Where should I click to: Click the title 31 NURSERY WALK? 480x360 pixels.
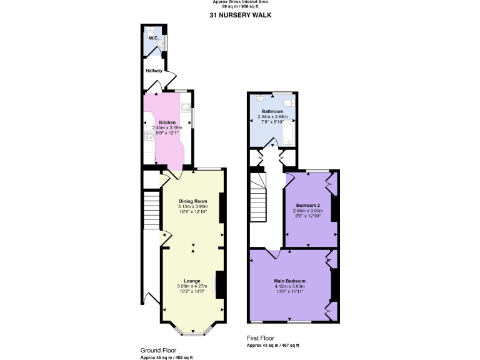click(240, 15)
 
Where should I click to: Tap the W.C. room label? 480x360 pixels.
click(153, 38)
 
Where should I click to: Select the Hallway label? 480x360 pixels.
click(154, 71)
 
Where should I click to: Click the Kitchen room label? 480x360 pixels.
click(167, 122)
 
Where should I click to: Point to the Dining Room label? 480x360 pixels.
click(192, 201)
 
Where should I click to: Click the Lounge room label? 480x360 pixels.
click(192, 281)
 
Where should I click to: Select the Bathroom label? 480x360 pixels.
click(272, 111)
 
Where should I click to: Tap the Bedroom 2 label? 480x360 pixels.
click(308, 206)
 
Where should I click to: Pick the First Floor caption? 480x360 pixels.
click(260, 338)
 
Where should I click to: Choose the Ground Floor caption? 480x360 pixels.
click(158, 351)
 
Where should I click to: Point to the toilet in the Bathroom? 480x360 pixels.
click(287, 102)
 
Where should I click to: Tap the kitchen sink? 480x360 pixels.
click(186, 107)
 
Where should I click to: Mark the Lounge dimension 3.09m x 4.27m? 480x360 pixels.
click(192, 286)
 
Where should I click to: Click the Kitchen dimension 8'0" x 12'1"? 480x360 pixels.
click(167, 132)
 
